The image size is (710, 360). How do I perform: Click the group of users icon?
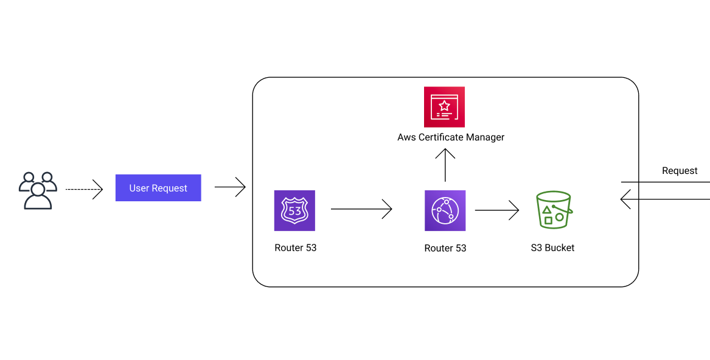pyautogui.click(x=38, y=190)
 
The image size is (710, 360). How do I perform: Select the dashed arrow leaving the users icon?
pyautogui.click(x=84, y=190)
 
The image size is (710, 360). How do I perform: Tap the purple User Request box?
pyautogui.click(x=158, y=188)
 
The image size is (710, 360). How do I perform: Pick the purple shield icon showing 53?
pyautogui.click(x=294, y=210)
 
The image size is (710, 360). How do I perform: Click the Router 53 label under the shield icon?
pyautogui.click(x=295, y=248)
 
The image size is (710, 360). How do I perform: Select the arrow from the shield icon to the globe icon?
pyautogui.click(x=361, y=210)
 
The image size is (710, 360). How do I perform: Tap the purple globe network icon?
pyautogui.click(x=445, y=210)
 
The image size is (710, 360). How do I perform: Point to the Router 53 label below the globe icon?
pyautogui.click(x=445, y=248)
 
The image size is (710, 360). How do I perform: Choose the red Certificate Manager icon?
pyautogui.click(x=444, y=106)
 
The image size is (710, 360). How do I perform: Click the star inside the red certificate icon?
pyautogui.click(x=445, y=105)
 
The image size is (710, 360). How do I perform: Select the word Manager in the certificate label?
pyautogui.click(x=483, y=137)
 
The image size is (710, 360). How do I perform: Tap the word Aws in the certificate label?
pyautogui.click(x=406, y=137)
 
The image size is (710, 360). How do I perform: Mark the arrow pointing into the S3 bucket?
pyautogui.click(x=496, y=210)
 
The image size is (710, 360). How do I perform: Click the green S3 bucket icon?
pyautogui.click(x=553, y=210)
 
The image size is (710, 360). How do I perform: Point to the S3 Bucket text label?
pyautogui.click(x=552, y=248)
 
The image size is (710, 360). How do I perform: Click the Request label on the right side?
pyautogui.click(x=680, y=171)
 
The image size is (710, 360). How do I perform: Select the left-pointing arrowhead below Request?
pyautogui.click(x=625, y=199)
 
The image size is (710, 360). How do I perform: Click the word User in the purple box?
pyautogui.click(x=139, y=188)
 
